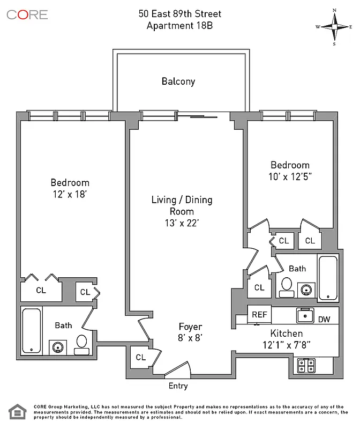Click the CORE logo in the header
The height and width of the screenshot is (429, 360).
click(27, 14)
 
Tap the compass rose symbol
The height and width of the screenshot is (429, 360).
click(334, 26)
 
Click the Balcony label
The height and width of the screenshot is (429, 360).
click(178, 82)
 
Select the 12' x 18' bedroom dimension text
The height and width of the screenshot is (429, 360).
click(70, 195)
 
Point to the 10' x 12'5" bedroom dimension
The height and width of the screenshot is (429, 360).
click(290, 176)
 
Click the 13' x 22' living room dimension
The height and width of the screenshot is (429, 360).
click(182, 223)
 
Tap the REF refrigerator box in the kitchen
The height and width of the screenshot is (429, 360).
click(260, 315)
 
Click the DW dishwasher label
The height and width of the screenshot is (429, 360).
click(324, 319)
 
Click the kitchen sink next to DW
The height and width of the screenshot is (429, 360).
click(305, 315)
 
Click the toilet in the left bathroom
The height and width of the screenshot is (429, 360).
click(82, 344)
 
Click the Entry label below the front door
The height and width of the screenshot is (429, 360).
click(178, 386)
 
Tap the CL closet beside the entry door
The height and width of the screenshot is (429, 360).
click(141, 357)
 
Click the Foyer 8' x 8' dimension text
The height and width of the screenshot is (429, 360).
click(190, 337)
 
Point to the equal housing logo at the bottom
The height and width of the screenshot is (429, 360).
click(17, 411)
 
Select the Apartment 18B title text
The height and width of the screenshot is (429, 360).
click(179, 25)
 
